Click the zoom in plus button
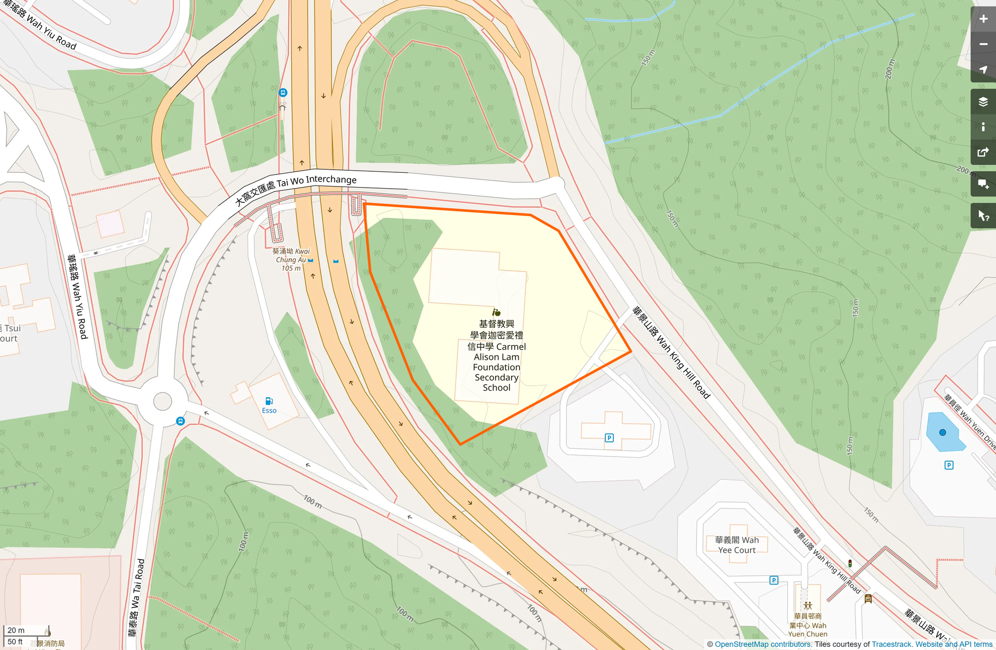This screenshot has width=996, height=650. (983, 19)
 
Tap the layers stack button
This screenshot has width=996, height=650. (983, 101)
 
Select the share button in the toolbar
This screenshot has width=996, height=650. (983, 153)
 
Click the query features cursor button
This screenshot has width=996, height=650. (983, 216)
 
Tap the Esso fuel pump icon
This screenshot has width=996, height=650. (269, 401)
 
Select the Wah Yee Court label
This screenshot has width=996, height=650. (736, 545)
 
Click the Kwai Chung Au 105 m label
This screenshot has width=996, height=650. (292, 259)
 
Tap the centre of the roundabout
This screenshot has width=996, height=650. (163, 401)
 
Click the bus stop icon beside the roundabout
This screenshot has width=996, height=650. (180, 421)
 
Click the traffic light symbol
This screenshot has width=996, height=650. (850, 564)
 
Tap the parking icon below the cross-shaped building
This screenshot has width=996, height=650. (609, 438)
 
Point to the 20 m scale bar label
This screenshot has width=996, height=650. (16, 630)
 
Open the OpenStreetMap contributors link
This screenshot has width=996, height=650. (763, 644)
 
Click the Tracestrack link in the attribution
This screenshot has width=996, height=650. (892, 644)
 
